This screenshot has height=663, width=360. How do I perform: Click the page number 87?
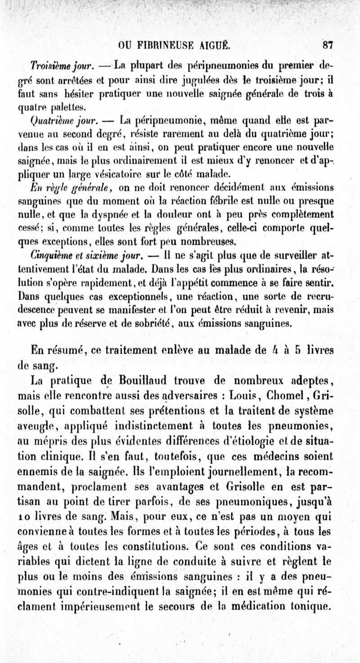tap(327, 45)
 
